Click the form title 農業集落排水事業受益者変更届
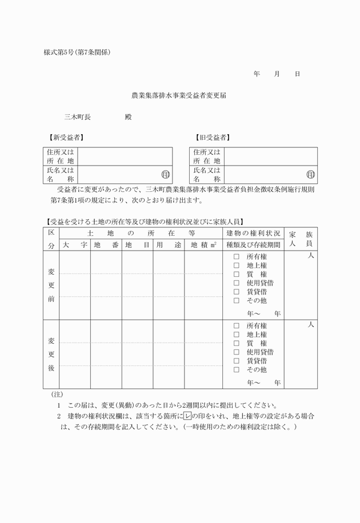179,96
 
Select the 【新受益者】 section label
65,138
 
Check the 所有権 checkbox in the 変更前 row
236,257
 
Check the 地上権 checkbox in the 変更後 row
236,335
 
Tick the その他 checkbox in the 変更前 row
236,300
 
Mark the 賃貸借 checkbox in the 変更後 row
236,361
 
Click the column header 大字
75,245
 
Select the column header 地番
106,245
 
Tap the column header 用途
169,245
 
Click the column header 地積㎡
203,245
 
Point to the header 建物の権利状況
253,234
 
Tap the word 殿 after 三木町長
128,116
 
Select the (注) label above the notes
57,394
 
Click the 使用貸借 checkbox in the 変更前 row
236,283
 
